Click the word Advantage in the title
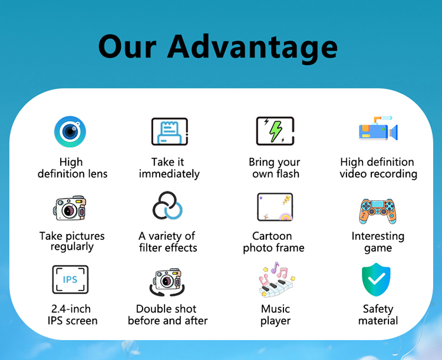click(x=252, y=47)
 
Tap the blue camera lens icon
click(x=70, y=131)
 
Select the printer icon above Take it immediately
click(x=170, y=131)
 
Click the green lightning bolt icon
click(x=275, y=131)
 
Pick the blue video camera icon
click(x=378, y=128)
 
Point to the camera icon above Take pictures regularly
click(x=70, y=209)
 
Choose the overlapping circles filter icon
click(x=167, y=206)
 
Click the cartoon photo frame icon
click(x=275, y=207)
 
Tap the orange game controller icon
click(x=378, y=211)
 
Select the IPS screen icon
click(x=70, y=279)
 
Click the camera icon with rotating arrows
click(x=167, y=282)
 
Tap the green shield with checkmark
click(x=376, y=279)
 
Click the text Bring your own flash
click(x=275, y=168)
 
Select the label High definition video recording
click(x=378, y=168)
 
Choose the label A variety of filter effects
click(x=168, y=242)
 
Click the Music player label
click(x=275, y=315)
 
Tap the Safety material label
click(x=378, y=315)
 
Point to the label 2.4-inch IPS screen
click(x=72, y=315)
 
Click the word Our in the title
click(x=127, y=47)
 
